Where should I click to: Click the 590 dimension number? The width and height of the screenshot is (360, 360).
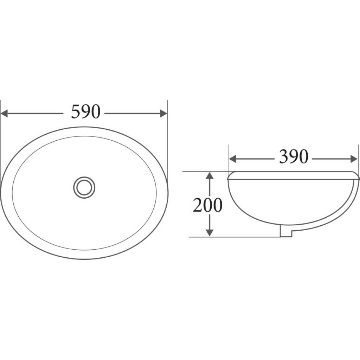[x=85, y=112]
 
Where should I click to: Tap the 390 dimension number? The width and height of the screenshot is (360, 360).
[x=294, y=157]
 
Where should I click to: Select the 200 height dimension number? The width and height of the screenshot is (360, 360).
[x=207, y=205]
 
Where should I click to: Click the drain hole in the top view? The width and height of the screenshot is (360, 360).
[x=84, y=187]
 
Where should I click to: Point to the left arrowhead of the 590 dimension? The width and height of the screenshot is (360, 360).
[x=5, y=113]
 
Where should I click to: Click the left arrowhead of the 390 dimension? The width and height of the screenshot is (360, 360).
[x=232, y=159]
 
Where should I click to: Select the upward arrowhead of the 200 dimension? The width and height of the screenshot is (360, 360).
[x=210, y=175]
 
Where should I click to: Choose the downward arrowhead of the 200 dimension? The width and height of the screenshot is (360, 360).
[x=210, y=232]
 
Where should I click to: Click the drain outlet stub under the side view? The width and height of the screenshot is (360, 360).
[x=286, y=232]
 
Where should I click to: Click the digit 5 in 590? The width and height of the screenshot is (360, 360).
[x=76, y=112]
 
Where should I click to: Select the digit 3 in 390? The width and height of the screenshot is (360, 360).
[x=284, y=157]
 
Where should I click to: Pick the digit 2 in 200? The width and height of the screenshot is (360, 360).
[x=197, y=205]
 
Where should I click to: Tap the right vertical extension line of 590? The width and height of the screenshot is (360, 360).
[x=167, y=141]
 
